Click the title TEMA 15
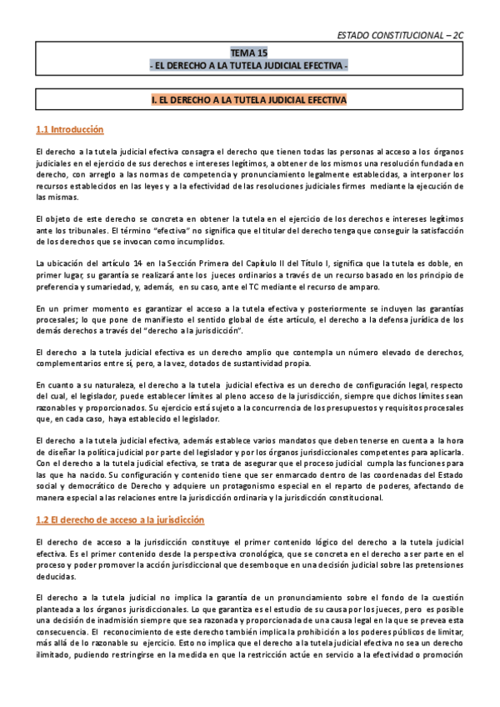249,52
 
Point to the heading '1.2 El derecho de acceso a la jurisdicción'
120,520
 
